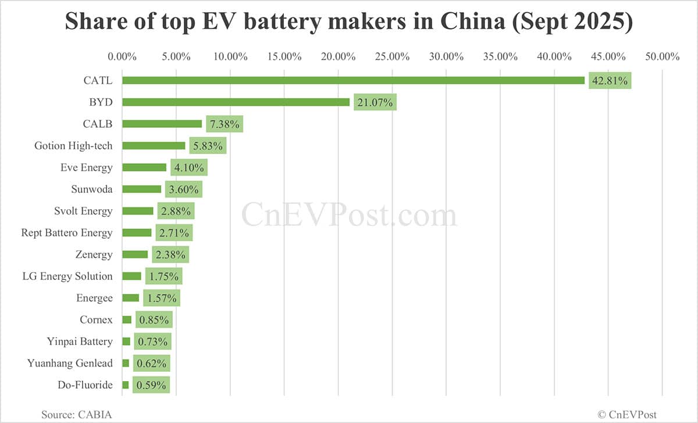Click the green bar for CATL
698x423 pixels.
[x=353, y=80]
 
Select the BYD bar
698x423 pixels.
[x=236, y=102]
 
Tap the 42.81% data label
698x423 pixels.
[x=610, y=81]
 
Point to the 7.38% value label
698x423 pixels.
[x=224, y=124]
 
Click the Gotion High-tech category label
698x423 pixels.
[x=73, y=146]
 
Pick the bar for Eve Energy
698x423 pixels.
[x=144, y=167]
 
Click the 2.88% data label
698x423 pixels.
[x=175, y=211]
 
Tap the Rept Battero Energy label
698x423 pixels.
[x=67, y=232]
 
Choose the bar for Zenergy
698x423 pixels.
[x=135, y=254]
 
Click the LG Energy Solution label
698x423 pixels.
[x=67, y=276]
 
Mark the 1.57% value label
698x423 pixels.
[x=162, y=298]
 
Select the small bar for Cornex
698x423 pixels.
[x=127, y=320]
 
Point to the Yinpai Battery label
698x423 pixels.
[x=80, y=341]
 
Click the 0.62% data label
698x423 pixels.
[x=151, y=363]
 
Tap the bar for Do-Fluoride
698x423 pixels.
[x=126, y=385]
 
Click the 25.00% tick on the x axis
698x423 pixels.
[x=392, y=56]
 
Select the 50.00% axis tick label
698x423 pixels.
[x=662, y=56]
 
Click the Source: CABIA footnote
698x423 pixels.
[x=76, y=414]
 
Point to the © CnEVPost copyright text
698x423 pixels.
[x=627, y=414]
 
